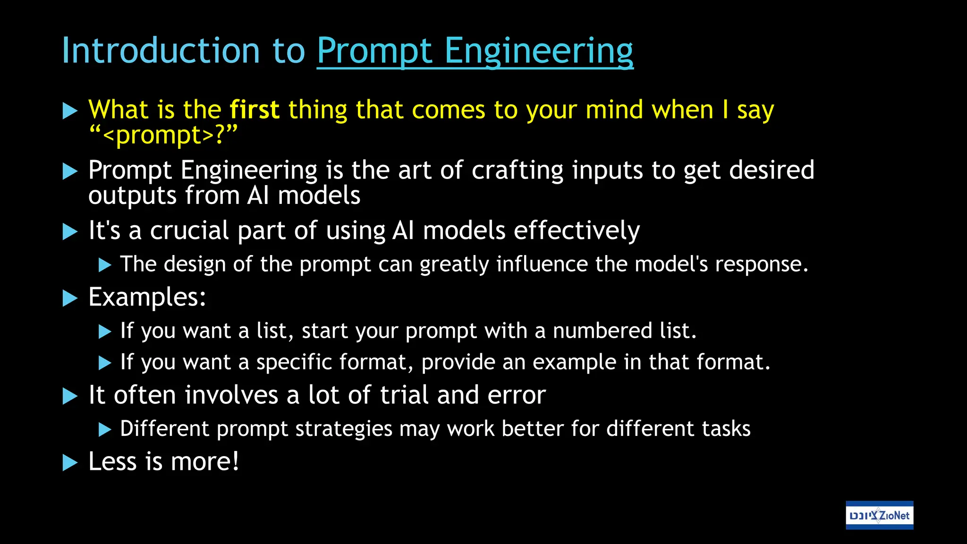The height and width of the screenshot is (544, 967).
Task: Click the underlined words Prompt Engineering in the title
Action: [x=475, y=51]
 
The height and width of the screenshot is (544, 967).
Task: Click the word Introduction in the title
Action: [x=161, y=51]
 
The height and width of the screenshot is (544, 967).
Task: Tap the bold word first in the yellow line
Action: [x=254, y=110]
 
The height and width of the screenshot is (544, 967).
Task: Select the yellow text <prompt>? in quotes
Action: [x=163, y=136]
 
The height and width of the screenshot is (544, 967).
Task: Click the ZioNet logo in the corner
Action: [x=879, y=515]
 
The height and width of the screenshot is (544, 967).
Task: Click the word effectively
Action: [x=577, y=231]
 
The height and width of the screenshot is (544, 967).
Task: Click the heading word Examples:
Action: [x=147, y=297]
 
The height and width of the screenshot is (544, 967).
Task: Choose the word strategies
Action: [x=344, y=429]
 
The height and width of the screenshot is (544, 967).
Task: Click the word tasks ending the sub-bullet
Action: [x=726, y=429]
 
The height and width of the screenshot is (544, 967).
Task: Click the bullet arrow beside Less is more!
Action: [x=70, y=463]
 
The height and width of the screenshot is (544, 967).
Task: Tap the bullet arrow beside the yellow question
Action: [x=70, y=111]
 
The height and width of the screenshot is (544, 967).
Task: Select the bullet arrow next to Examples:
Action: [x=70, y=298]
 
